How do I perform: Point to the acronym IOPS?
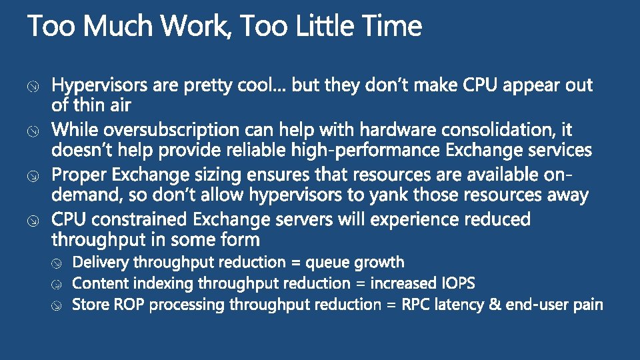click(x=458, y=283)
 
